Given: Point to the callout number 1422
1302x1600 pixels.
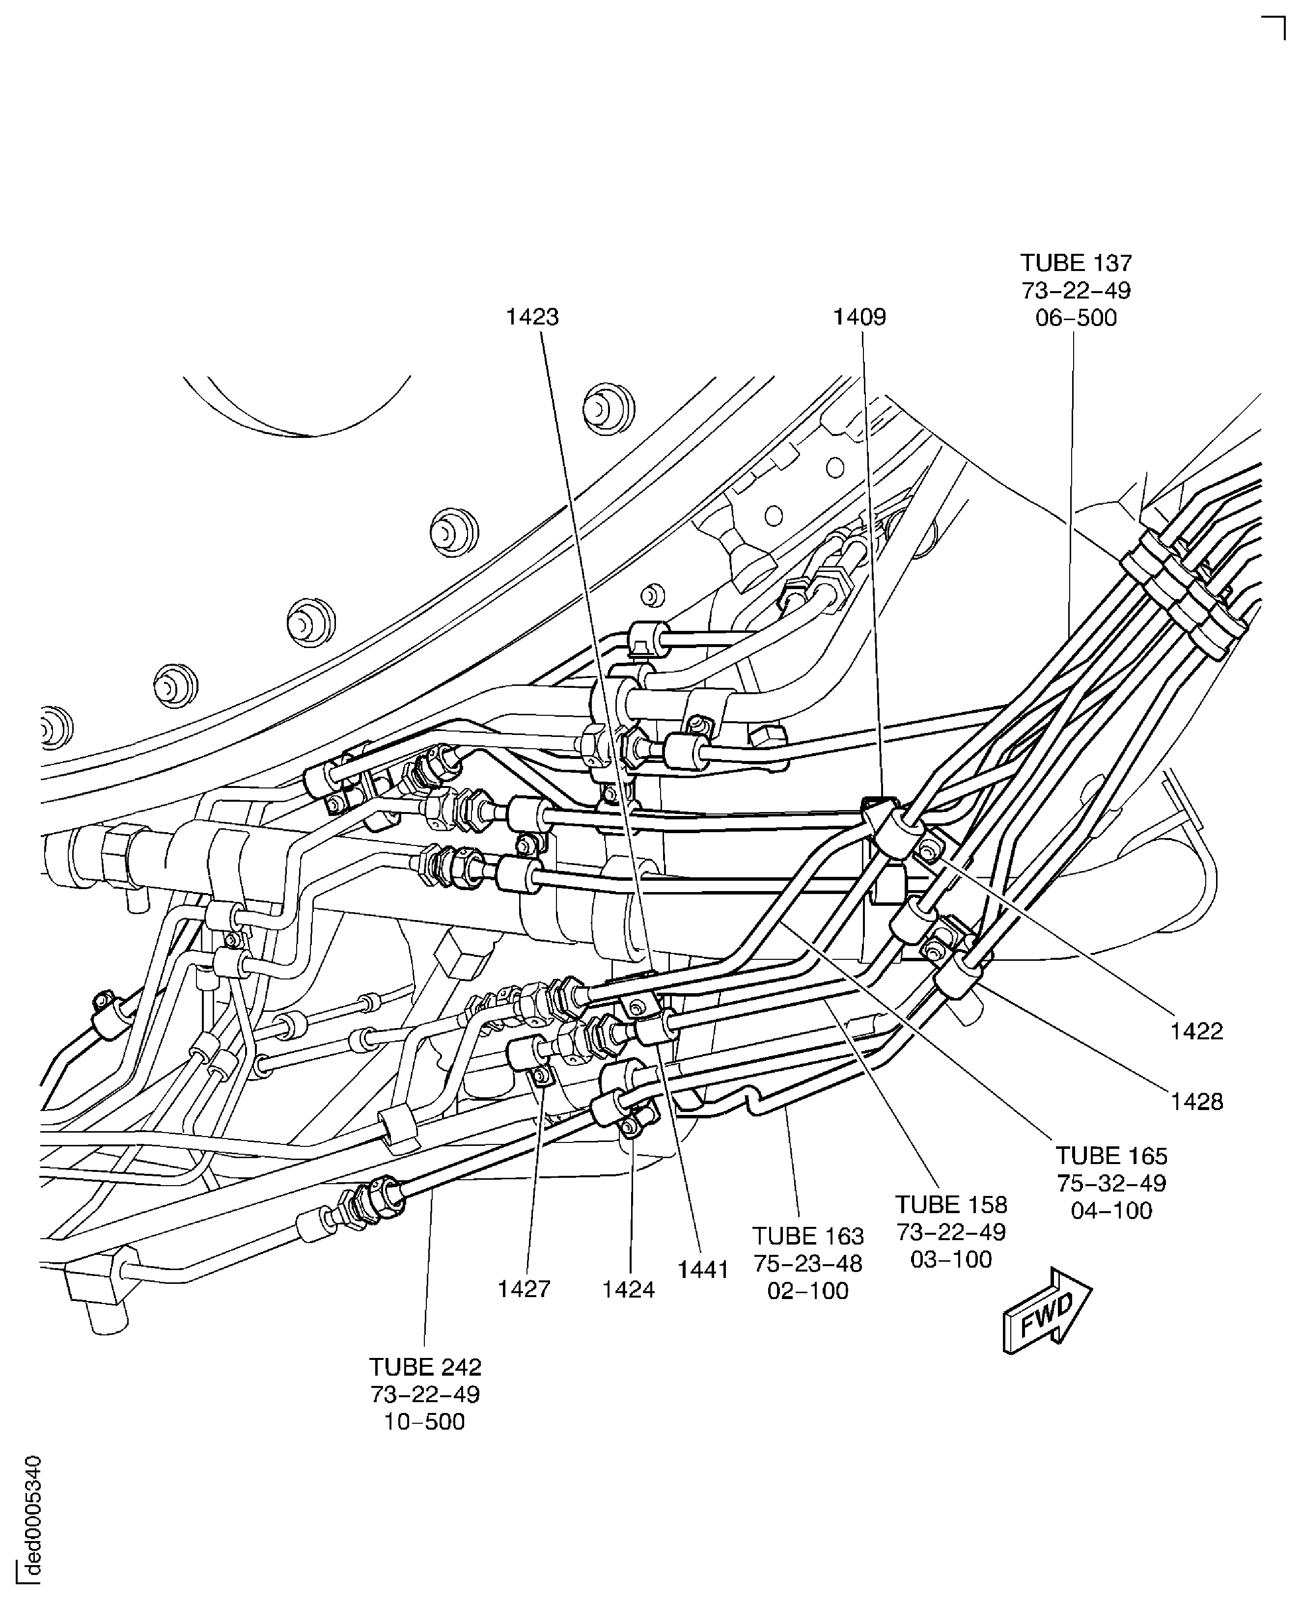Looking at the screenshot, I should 1196,1031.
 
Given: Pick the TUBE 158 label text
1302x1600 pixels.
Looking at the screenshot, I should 951,1204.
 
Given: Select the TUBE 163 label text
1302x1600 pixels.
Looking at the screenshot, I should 808,1236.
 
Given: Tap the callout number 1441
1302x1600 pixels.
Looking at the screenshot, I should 703,1270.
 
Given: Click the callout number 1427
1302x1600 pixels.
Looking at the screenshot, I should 524,1289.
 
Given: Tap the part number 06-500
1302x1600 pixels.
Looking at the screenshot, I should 1076,318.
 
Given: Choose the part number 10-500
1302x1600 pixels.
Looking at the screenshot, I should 424,1422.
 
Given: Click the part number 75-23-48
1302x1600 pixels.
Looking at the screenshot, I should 808,1263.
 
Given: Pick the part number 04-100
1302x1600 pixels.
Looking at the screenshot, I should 1111,1210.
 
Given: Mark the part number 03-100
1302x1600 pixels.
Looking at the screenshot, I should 951,1259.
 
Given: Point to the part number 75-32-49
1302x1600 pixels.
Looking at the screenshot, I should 1111,1183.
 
